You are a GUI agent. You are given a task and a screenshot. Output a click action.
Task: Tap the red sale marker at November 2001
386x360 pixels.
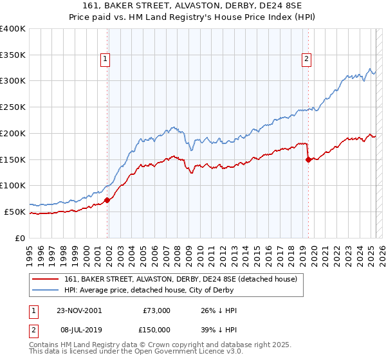coord(107,200)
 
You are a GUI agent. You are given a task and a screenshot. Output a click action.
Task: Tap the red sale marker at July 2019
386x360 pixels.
coord(308,159)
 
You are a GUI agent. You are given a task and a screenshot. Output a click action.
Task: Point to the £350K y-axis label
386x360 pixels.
coord(13,55)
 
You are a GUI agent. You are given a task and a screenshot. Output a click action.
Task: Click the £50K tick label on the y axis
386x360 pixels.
coord(15,212)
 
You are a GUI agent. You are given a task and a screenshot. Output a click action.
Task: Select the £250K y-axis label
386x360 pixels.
coord(13,107)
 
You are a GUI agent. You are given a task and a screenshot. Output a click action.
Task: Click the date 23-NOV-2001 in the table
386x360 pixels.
coord(79,310)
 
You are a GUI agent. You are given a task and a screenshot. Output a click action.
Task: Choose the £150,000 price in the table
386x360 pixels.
coord(156,329)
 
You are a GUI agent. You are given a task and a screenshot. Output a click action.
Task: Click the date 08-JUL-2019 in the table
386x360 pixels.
coord(78,329)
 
